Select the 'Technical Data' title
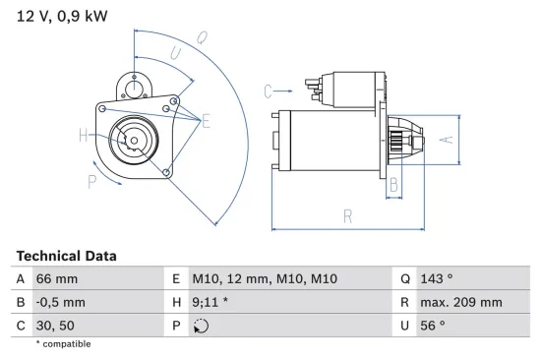point(66,256)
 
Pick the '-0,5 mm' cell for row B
point(61,303)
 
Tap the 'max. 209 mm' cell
point(461,303)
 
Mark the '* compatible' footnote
point(63,344)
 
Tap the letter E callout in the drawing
point(207,121)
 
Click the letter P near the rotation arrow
point(91,181)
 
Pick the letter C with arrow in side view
point(268,91)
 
